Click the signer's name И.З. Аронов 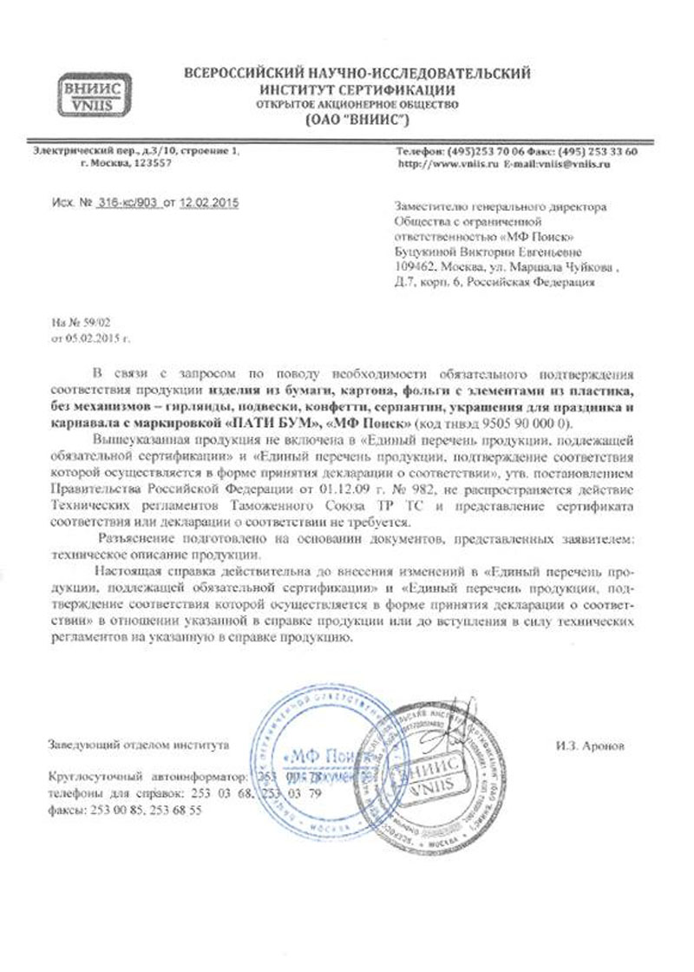pyautogui.click(x=591, y=745)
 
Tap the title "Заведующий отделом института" pyautogui.click(x=140, y=745)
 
